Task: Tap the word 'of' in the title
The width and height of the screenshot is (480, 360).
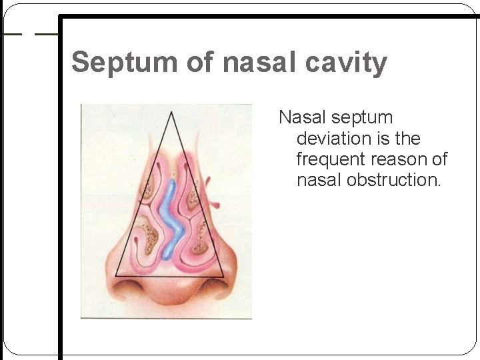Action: [199, 63]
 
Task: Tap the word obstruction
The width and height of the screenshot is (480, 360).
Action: [393, 180]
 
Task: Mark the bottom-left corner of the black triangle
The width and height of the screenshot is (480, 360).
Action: [115, 275]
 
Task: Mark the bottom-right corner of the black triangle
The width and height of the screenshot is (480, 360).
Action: [225, 275]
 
